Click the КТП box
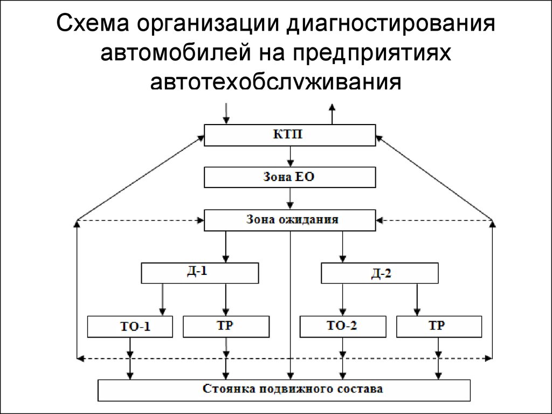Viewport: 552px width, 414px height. pos(289,135)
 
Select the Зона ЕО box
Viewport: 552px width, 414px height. pos(289,177)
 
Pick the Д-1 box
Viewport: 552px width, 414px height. pos(200,273)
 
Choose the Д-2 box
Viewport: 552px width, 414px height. pos(380,273)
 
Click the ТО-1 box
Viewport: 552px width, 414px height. pos(131,326)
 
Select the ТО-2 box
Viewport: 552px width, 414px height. pos(343,326)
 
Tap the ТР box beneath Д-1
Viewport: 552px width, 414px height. pos(226,326)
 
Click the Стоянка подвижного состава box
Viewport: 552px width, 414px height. pos(284,390)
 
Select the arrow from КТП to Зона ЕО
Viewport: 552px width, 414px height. pos(291,156)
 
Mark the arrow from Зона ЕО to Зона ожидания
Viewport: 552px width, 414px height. pos(291,198)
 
